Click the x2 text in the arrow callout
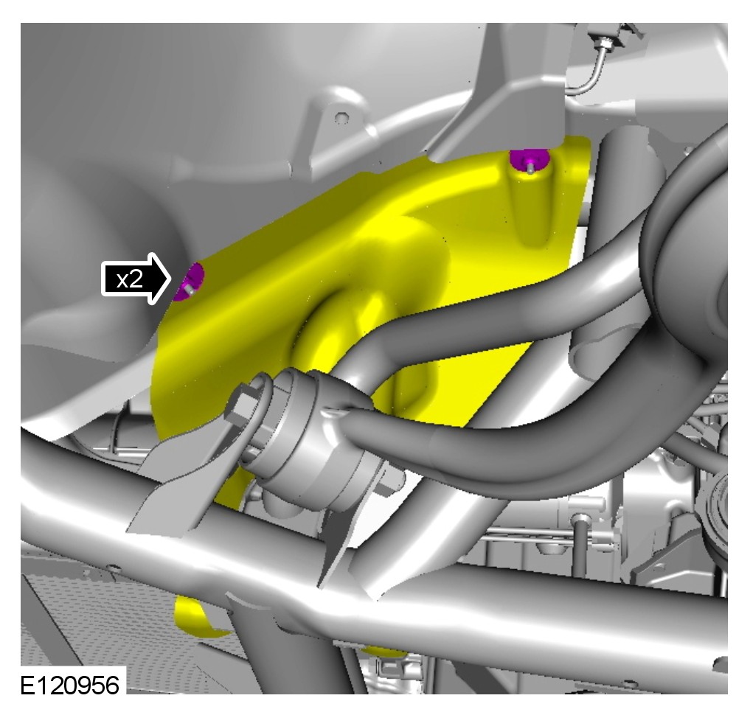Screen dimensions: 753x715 (130, 279)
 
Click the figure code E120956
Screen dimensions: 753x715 (70, 685)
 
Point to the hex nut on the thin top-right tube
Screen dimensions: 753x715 (604, 43)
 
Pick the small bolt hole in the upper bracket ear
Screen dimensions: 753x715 (340, 117)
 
